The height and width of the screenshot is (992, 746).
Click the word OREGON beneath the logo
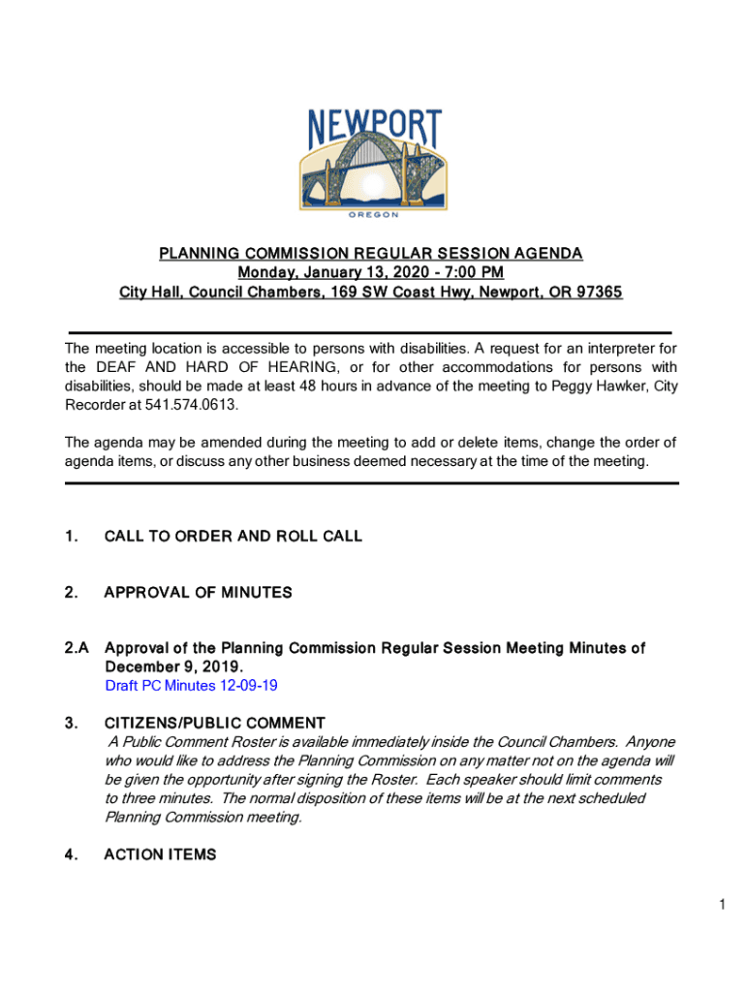pyautogui.click(x=373, y=216)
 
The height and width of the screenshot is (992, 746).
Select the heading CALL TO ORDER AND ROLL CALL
pyautogui.click(x=233, y=536)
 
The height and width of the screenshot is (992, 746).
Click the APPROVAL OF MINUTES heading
pyautogui.click(x=198, y=592)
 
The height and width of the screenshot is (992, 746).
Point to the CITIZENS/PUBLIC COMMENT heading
pyautogui.click(x=214, y=723)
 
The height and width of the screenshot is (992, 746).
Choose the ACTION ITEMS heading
pyautogui.click(x=160, y=854)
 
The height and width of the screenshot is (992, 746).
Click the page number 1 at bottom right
pyautogui.click(x=722, y=904)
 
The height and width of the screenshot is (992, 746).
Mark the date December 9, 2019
pyautogui.click(x=173, y=667)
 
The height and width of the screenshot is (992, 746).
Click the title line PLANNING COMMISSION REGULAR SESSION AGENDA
pyautogui.click(x=371, y=254)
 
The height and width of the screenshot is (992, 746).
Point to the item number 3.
pyautogui.click(x=71, y=723)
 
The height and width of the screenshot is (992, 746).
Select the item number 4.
pyautogui.click(x=71, y=854)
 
